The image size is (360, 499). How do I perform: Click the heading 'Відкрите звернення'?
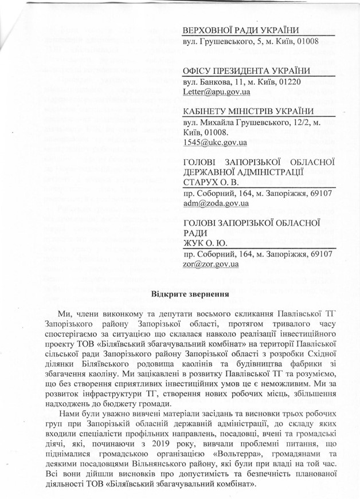pos(191,294)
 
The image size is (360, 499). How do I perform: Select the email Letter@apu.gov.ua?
pos(211,91)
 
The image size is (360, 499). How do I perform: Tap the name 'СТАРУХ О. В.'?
pos(212,182)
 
